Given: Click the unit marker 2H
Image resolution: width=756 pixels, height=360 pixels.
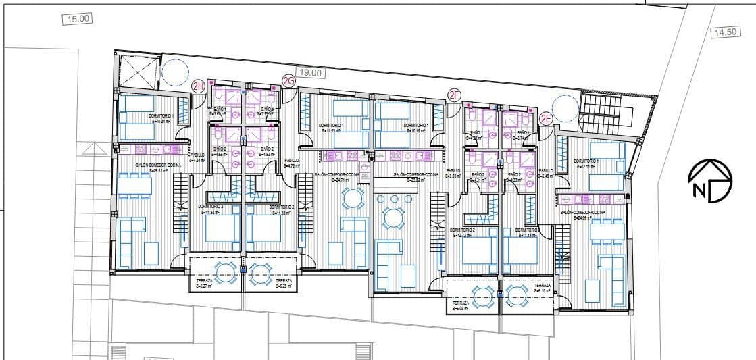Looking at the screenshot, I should pos(199,86).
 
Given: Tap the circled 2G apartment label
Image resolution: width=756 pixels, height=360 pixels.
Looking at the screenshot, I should pos(289,82).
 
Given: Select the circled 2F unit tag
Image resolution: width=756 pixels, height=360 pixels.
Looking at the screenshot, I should pos(454,96).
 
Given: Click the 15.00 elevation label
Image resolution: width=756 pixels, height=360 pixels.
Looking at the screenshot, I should pos(76,19).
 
